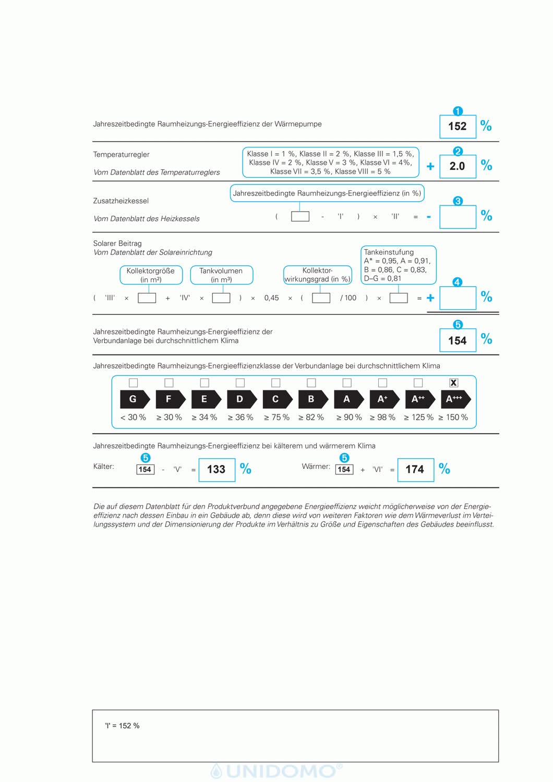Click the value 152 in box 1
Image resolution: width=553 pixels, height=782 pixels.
tap(458, 126)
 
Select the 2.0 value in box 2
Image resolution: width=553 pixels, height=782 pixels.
tap(458, 166)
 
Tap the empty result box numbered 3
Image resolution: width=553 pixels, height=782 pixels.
tap(458, 217)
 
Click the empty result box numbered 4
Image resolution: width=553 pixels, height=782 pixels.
tap(458, 298)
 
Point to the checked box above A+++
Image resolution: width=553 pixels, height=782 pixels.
tap(454, 383)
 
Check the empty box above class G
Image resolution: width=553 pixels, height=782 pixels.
tap(134, 383)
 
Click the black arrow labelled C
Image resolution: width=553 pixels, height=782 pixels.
tap(277, 399)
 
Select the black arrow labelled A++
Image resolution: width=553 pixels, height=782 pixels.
tap(419, 399)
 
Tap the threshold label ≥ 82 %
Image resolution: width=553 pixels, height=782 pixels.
tap(311, 418)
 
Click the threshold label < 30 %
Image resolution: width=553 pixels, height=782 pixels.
tap(133, 418)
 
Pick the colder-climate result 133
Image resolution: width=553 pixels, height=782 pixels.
tap(217, 470)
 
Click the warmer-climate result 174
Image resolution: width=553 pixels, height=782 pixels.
tap(415, 470)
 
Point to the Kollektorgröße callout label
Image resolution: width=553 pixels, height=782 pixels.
tap(151, 275)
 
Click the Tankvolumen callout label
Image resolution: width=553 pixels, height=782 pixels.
tap(221, 275)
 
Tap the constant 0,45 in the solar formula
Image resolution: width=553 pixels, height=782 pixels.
tap(271, 298)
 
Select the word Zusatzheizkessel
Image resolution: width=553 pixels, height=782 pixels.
tap(121, 201)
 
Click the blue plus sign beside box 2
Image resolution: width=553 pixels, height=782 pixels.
tap(430, 166)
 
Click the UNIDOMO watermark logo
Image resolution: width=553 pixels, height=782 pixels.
tap(277, 771)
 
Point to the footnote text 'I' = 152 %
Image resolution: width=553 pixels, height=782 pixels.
tap(123, 726)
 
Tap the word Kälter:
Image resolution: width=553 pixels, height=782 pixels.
tap(104, 467)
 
